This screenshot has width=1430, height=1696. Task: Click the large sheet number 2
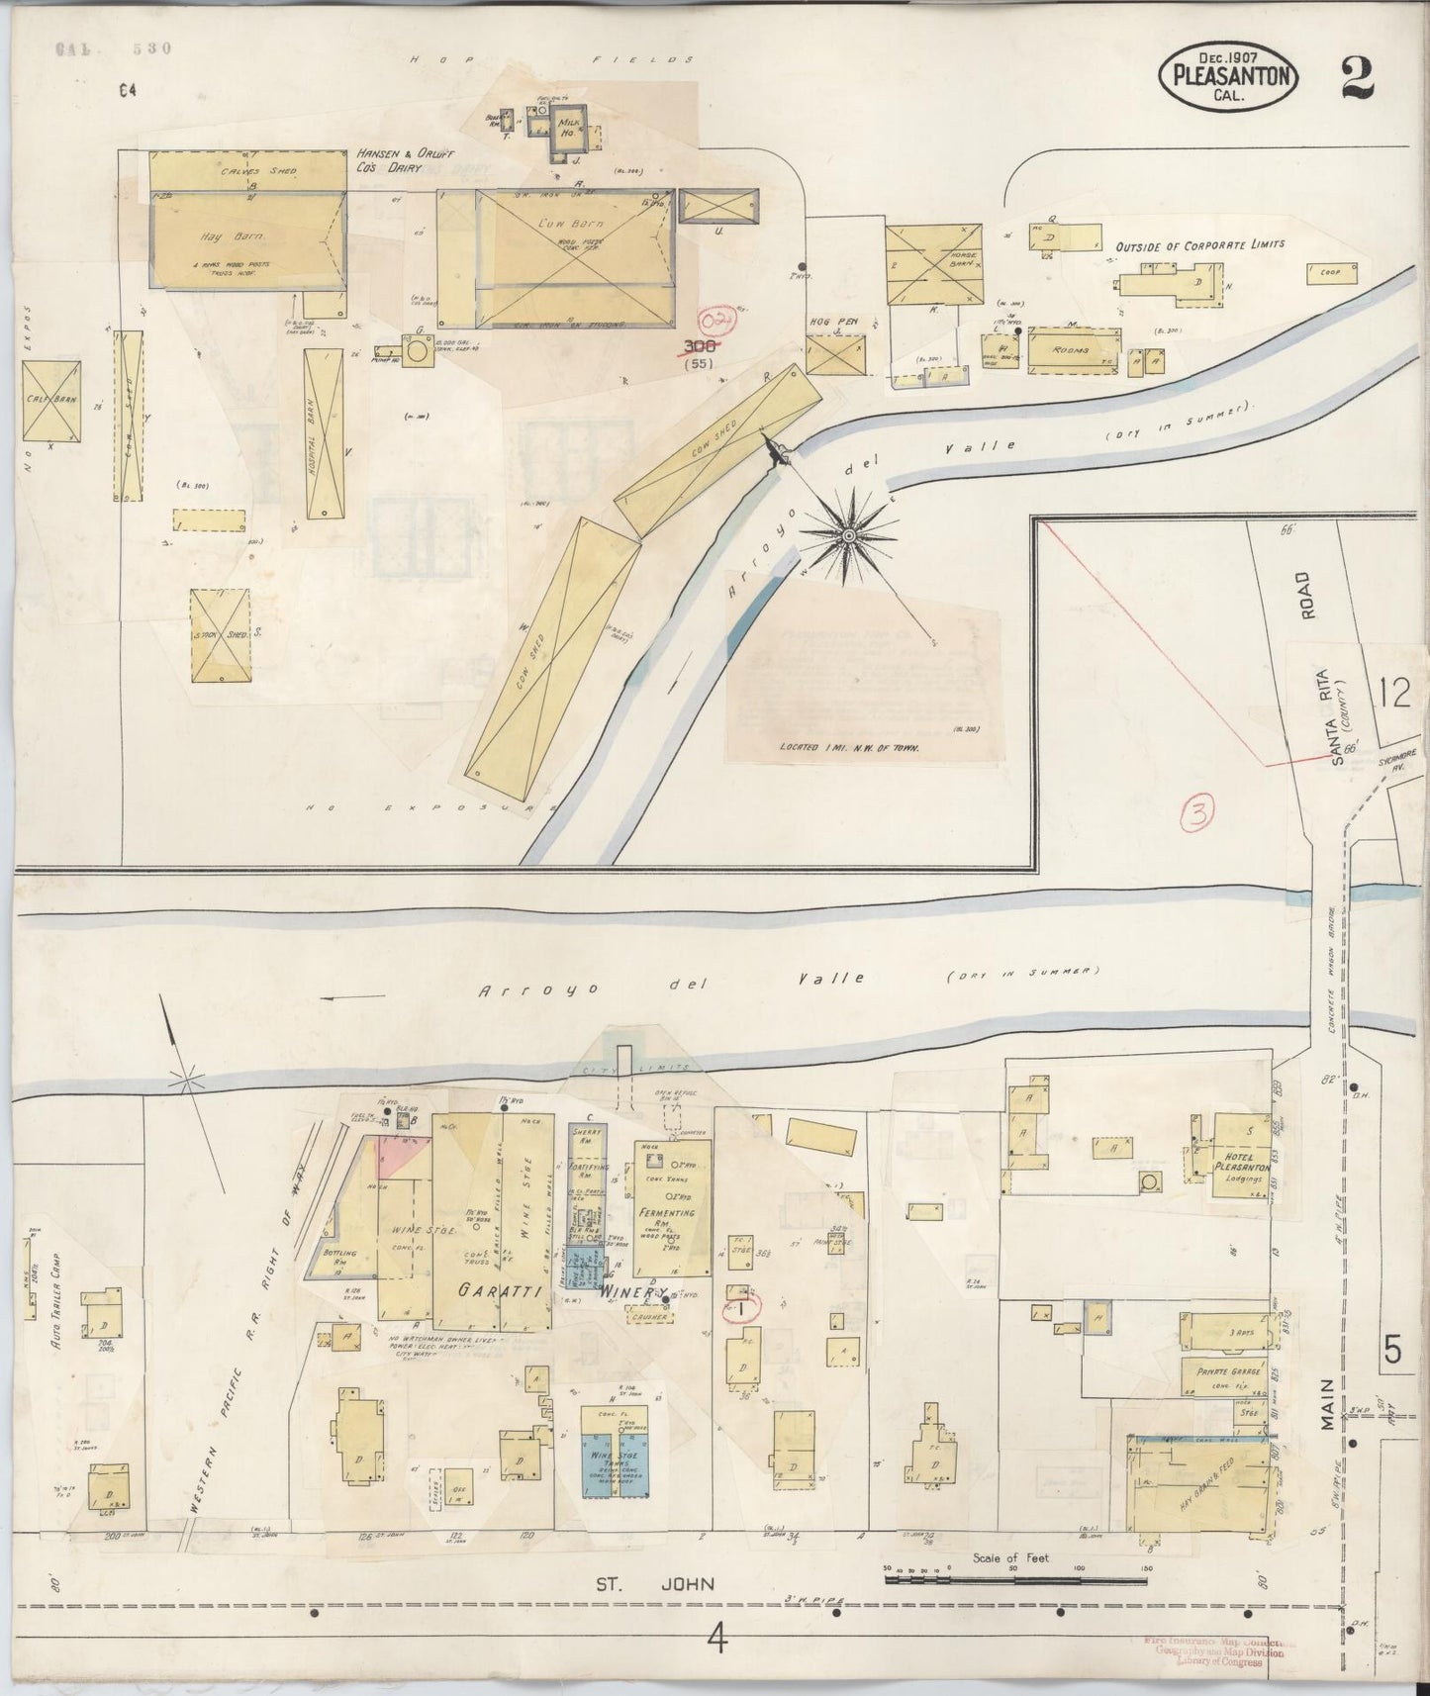click(x=1358, y=78)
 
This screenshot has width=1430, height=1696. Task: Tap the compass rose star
click(x=848, y=535)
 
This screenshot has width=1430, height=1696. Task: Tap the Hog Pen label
click(x=831, y=322)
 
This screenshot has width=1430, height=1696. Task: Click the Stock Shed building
click(x=220, y=634)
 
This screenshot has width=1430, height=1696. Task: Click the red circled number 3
click(x=1198, y=813)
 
